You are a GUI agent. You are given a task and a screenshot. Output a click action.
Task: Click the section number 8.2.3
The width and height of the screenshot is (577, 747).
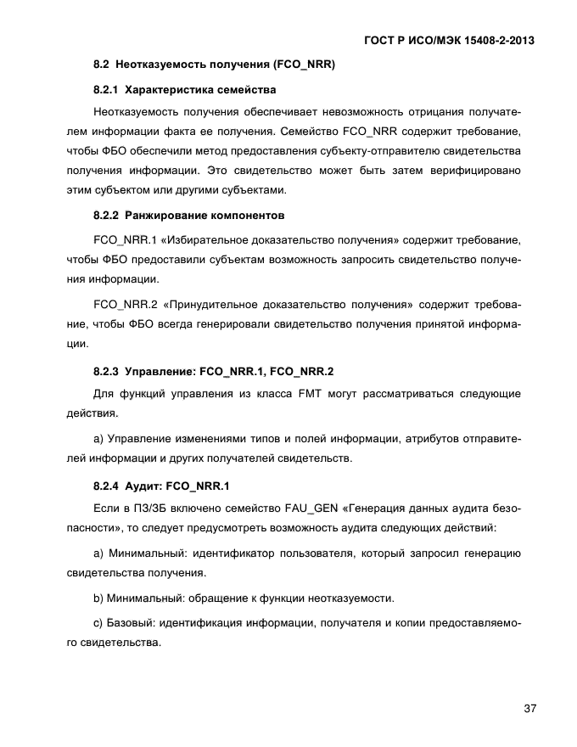106,371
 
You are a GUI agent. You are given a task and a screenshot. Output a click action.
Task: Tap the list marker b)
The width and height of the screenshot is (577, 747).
98,598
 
